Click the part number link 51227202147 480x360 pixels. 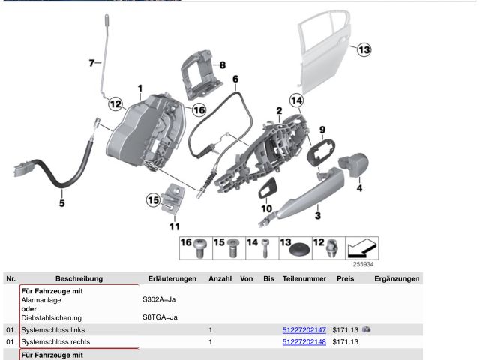click(304, 329)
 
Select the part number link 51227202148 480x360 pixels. click(304, 342)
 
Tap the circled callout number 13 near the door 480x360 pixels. click(363, 50)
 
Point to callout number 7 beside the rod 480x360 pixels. click(93, 63)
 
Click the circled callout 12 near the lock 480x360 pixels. click(115, 104)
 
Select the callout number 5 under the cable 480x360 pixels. click(62, 202)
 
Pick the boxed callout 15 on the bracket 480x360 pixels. click(152, 199)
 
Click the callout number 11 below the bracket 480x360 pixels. click(174, 226)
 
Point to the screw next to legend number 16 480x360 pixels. click(201, 246)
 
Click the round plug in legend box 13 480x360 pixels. click(301, 247)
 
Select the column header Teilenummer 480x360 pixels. click(304, 278)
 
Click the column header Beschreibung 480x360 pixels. click(79, 278)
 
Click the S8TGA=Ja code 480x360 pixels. click(160, 317)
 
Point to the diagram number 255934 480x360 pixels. click(363, 264)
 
